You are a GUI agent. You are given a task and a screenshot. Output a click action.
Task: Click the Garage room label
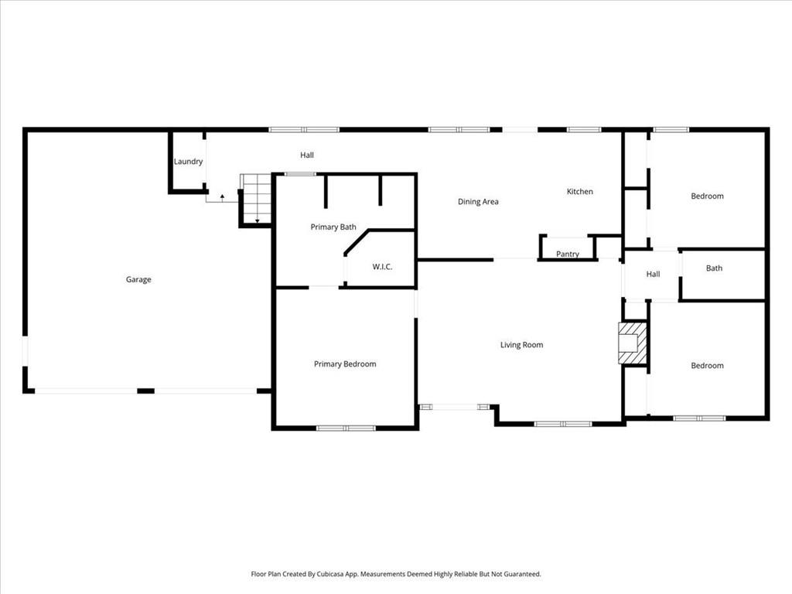[x=138, y=279]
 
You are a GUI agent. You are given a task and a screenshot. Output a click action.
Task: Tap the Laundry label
[x=188, y=162]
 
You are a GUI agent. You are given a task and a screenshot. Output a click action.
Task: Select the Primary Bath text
[x=333, y=227]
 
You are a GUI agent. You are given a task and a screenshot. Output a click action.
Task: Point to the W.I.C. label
[x=382, y=267]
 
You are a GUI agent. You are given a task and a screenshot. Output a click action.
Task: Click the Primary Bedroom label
[x=345, y=364]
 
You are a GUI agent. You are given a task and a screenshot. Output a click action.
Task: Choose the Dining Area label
[x=478, y=202]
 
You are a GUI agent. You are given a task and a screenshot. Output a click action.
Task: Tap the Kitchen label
[x=579, y=192]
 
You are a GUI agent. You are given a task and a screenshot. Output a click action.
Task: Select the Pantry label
[x=568, y=254]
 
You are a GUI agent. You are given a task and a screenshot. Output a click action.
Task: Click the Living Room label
[x=521, y=345]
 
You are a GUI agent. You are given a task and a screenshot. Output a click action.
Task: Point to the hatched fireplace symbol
[x=630, y=343]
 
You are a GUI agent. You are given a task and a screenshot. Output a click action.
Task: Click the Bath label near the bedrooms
[x=714, y=268]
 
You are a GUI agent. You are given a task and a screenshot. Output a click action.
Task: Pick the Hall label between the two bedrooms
[x=653, y=274]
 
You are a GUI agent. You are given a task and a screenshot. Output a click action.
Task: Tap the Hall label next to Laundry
[x=307, y=155]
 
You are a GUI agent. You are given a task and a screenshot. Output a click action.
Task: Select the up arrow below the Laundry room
[x=223, y=197]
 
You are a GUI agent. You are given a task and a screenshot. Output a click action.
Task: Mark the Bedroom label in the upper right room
[x=707, y=196]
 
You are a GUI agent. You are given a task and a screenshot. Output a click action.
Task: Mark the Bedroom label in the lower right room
[x=707, y=366]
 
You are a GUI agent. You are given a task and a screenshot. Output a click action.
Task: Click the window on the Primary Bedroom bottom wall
[x=346, y=428]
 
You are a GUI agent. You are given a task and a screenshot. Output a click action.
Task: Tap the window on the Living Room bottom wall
[x=563, y=424]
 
